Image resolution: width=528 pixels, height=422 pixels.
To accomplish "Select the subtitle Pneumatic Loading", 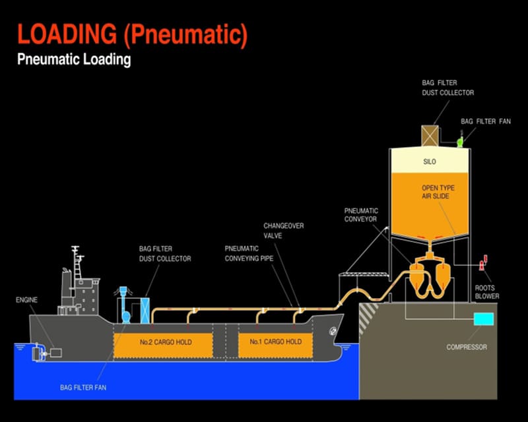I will tap(74, 60).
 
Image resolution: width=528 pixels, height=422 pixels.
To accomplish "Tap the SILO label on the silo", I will tap(430, 162).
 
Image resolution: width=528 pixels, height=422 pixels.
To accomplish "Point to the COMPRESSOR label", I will tap(466, 347).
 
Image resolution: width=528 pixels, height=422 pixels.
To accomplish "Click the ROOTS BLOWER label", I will tap(487, 292).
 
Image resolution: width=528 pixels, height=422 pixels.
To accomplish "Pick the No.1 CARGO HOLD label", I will tap(275, 342).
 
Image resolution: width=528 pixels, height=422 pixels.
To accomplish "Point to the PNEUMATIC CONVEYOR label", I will tap(360, 215).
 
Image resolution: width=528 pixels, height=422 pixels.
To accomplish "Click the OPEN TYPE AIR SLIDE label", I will tap(438, 192).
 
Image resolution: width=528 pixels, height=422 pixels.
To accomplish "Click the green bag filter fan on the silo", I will tap(459, 140).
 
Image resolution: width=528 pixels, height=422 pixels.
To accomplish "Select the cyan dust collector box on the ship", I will tap(145, 310).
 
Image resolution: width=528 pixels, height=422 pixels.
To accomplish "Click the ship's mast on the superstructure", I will tap(76, 258).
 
